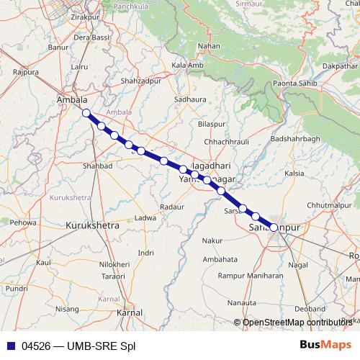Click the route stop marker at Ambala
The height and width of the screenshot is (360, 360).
coord(86,113)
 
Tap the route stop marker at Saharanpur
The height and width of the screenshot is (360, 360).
coord(274,228)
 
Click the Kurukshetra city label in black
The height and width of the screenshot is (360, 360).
coord(92,225)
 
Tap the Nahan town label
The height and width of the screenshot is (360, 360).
coord(209,46)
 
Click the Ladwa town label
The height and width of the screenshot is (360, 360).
coord(145,217)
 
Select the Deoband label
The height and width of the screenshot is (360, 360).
coord(310,308)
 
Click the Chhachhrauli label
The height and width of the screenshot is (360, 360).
coord(228,143)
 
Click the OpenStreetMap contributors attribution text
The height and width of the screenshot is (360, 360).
coord(295,322)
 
